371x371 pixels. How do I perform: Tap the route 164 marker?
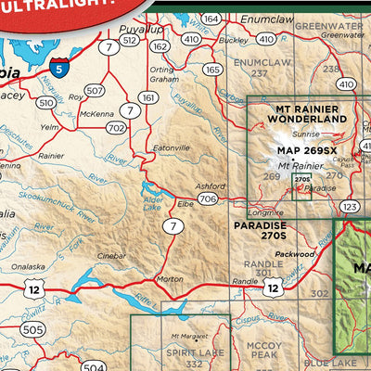click(211, 19)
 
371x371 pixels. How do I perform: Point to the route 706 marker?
click(208, 198)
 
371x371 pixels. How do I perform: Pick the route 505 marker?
click(32, 329)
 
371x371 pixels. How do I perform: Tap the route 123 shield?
click(349, 206)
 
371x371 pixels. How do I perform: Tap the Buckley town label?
click(234, 40)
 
